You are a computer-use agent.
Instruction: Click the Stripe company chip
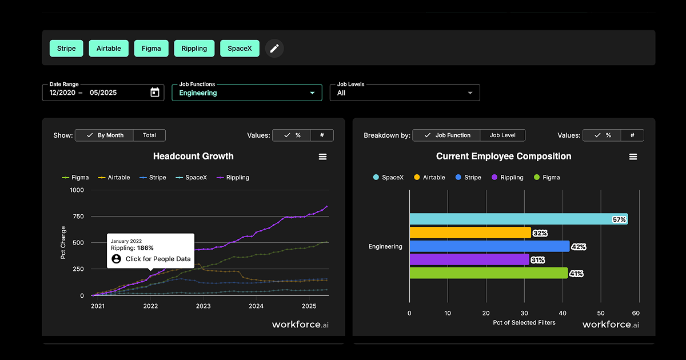66,49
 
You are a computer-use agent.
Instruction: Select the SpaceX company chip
240,49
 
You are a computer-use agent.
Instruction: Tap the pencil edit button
274,49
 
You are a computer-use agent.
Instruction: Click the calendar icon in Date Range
155,93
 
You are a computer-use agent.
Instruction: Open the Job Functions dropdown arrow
312,93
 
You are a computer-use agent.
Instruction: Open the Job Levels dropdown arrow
470,93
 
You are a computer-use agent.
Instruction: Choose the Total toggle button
149,135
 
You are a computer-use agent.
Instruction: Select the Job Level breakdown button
502,135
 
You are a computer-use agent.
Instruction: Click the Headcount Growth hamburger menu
322,157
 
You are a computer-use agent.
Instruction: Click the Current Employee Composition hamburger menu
633,157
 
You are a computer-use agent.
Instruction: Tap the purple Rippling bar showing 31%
469,259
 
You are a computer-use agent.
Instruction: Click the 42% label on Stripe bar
578,247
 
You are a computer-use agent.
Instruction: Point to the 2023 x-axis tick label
203,306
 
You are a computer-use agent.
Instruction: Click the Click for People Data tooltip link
158,259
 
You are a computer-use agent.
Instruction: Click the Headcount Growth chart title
193,156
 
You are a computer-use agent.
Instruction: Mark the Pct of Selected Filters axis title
524,323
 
